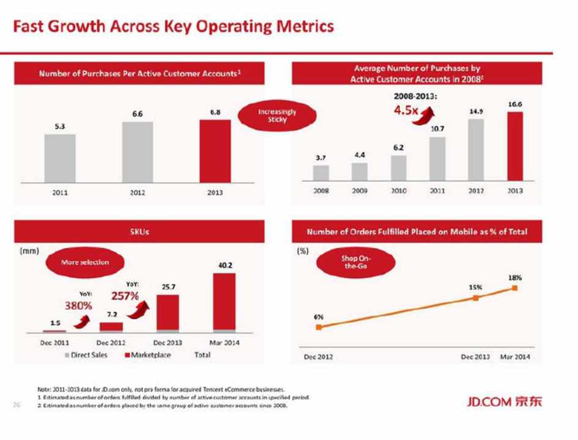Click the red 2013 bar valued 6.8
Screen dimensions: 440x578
click(x=215, y=151)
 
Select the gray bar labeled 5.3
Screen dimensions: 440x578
click(x=60, y=158)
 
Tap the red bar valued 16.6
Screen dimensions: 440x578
click(x=515, y=147)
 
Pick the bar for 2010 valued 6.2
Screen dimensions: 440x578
click(x=398, y=168)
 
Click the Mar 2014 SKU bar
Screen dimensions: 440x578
click(x=224, y=302)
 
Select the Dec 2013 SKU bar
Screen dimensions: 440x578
click(x=168, y=313)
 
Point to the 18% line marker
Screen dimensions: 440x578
click(x=515, y=288)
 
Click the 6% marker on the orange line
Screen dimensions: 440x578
click(x=319, y=328)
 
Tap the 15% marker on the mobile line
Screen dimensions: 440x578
click(x=476, y=298)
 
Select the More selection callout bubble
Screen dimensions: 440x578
click(x=86, y=262)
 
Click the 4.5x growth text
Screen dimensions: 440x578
click(x=405, y=111)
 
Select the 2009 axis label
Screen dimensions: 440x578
click(x=360, y=191)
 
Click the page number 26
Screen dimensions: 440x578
click(x=17, y=403)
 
